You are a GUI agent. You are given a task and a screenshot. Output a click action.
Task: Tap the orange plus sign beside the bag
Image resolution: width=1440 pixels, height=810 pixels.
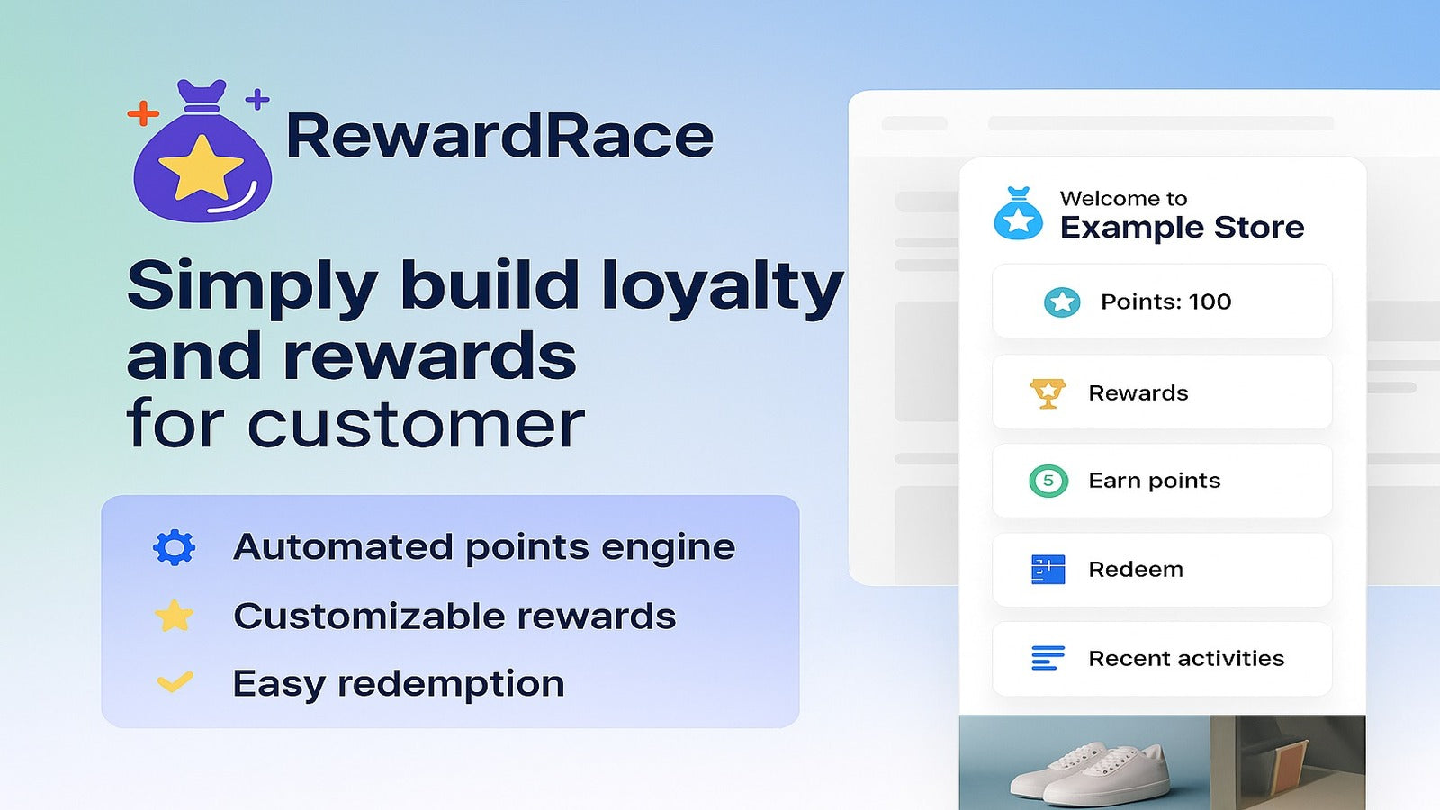pos(143,113)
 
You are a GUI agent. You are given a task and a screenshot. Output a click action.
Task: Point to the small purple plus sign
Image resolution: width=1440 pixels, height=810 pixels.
pos(257,99)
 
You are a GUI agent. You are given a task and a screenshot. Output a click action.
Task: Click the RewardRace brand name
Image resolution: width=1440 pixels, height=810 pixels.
pos(499,135)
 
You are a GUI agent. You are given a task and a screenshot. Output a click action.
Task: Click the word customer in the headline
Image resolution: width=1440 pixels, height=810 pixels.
pos(416,424)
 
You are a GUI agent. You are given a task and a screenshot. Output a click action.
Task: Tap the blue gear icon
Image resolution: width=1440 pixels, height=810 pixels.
pos(175,548)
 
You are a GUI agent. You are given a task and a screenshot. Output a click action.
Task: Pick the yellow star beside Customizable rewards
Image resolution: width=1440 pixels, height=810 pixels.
pos(175,616)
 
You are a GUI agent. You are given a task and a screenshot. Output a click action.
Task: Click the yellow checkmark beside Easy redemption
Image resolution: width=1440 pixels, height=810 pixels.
pos(175,681)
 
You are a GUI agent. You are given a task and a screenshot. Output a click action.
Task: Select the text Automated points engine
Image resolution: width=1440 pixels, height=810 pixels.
pos(484,548)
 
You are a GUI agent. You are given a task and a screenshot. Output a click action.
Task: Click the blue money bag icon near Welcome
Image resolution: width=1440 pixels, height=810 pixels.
pos(1018,213)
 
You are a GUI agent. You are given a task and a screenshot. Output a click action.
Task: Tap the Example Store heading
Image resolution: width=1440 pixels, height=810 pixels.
pos(1182,227)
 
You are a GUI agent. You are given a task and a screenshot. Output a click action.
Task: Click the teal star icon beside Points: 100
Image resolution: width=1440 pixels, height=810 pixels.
pos(1062,301)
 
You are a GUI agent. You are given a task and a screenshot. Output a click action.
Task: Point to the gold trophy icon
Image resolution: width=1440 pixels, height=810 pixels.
pos(1048,392)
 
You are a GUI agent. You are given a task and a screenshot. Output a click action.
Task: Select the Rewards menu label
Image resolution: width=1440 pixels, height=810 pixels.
pos(1138,392)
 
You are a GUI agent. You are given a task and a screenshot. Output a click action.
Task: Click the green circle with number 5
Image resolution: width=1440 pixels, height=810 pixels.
pos(1048,481)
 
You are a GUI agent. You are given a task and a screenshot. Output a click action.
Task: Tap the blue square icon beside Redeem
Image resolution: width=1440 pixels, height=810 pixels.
pos(1048,570)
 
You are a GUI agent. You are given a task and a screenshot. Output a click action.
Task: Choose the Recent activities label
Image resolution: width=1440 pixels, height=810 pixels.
pos(1186,658)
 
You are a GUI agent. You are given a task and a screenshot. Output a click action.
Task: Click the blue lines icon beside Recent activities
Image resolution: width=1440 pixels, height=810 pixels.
pos(1048,658)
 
